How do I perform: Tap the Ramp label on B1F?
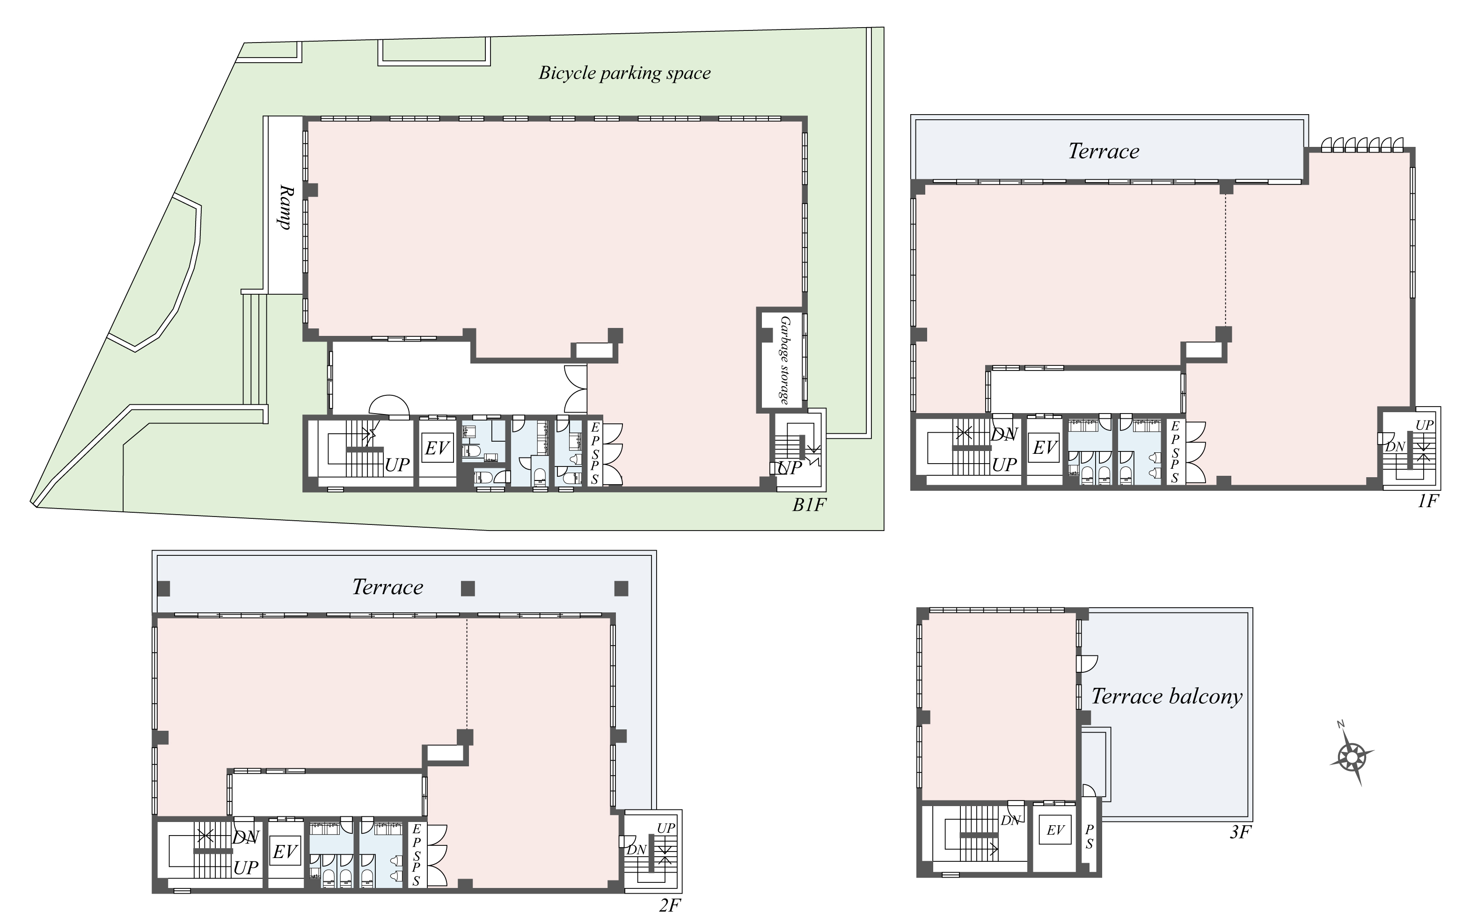(284, 207)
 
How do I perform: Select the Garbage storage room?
(783, 360)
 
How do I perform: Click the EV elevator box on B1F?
(437, 448)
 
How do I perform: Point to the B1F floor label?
(809, 505)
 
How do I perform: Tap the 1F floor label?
(1428, 501)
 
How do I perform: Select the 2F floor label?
(670, 906)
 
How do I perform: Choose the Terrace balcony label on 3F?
(1166, 696)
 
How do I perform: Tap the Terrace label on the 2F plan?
(388, 587)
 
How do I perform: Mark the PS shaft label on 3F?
(1090, 837)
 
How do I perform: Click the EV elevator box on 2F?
(285, 851)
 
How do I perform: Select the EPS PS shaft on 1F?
(1174, 452)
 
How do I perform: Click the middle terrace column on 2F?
(467, 588)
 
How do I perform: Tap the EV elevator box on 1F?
(1045, 448)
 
